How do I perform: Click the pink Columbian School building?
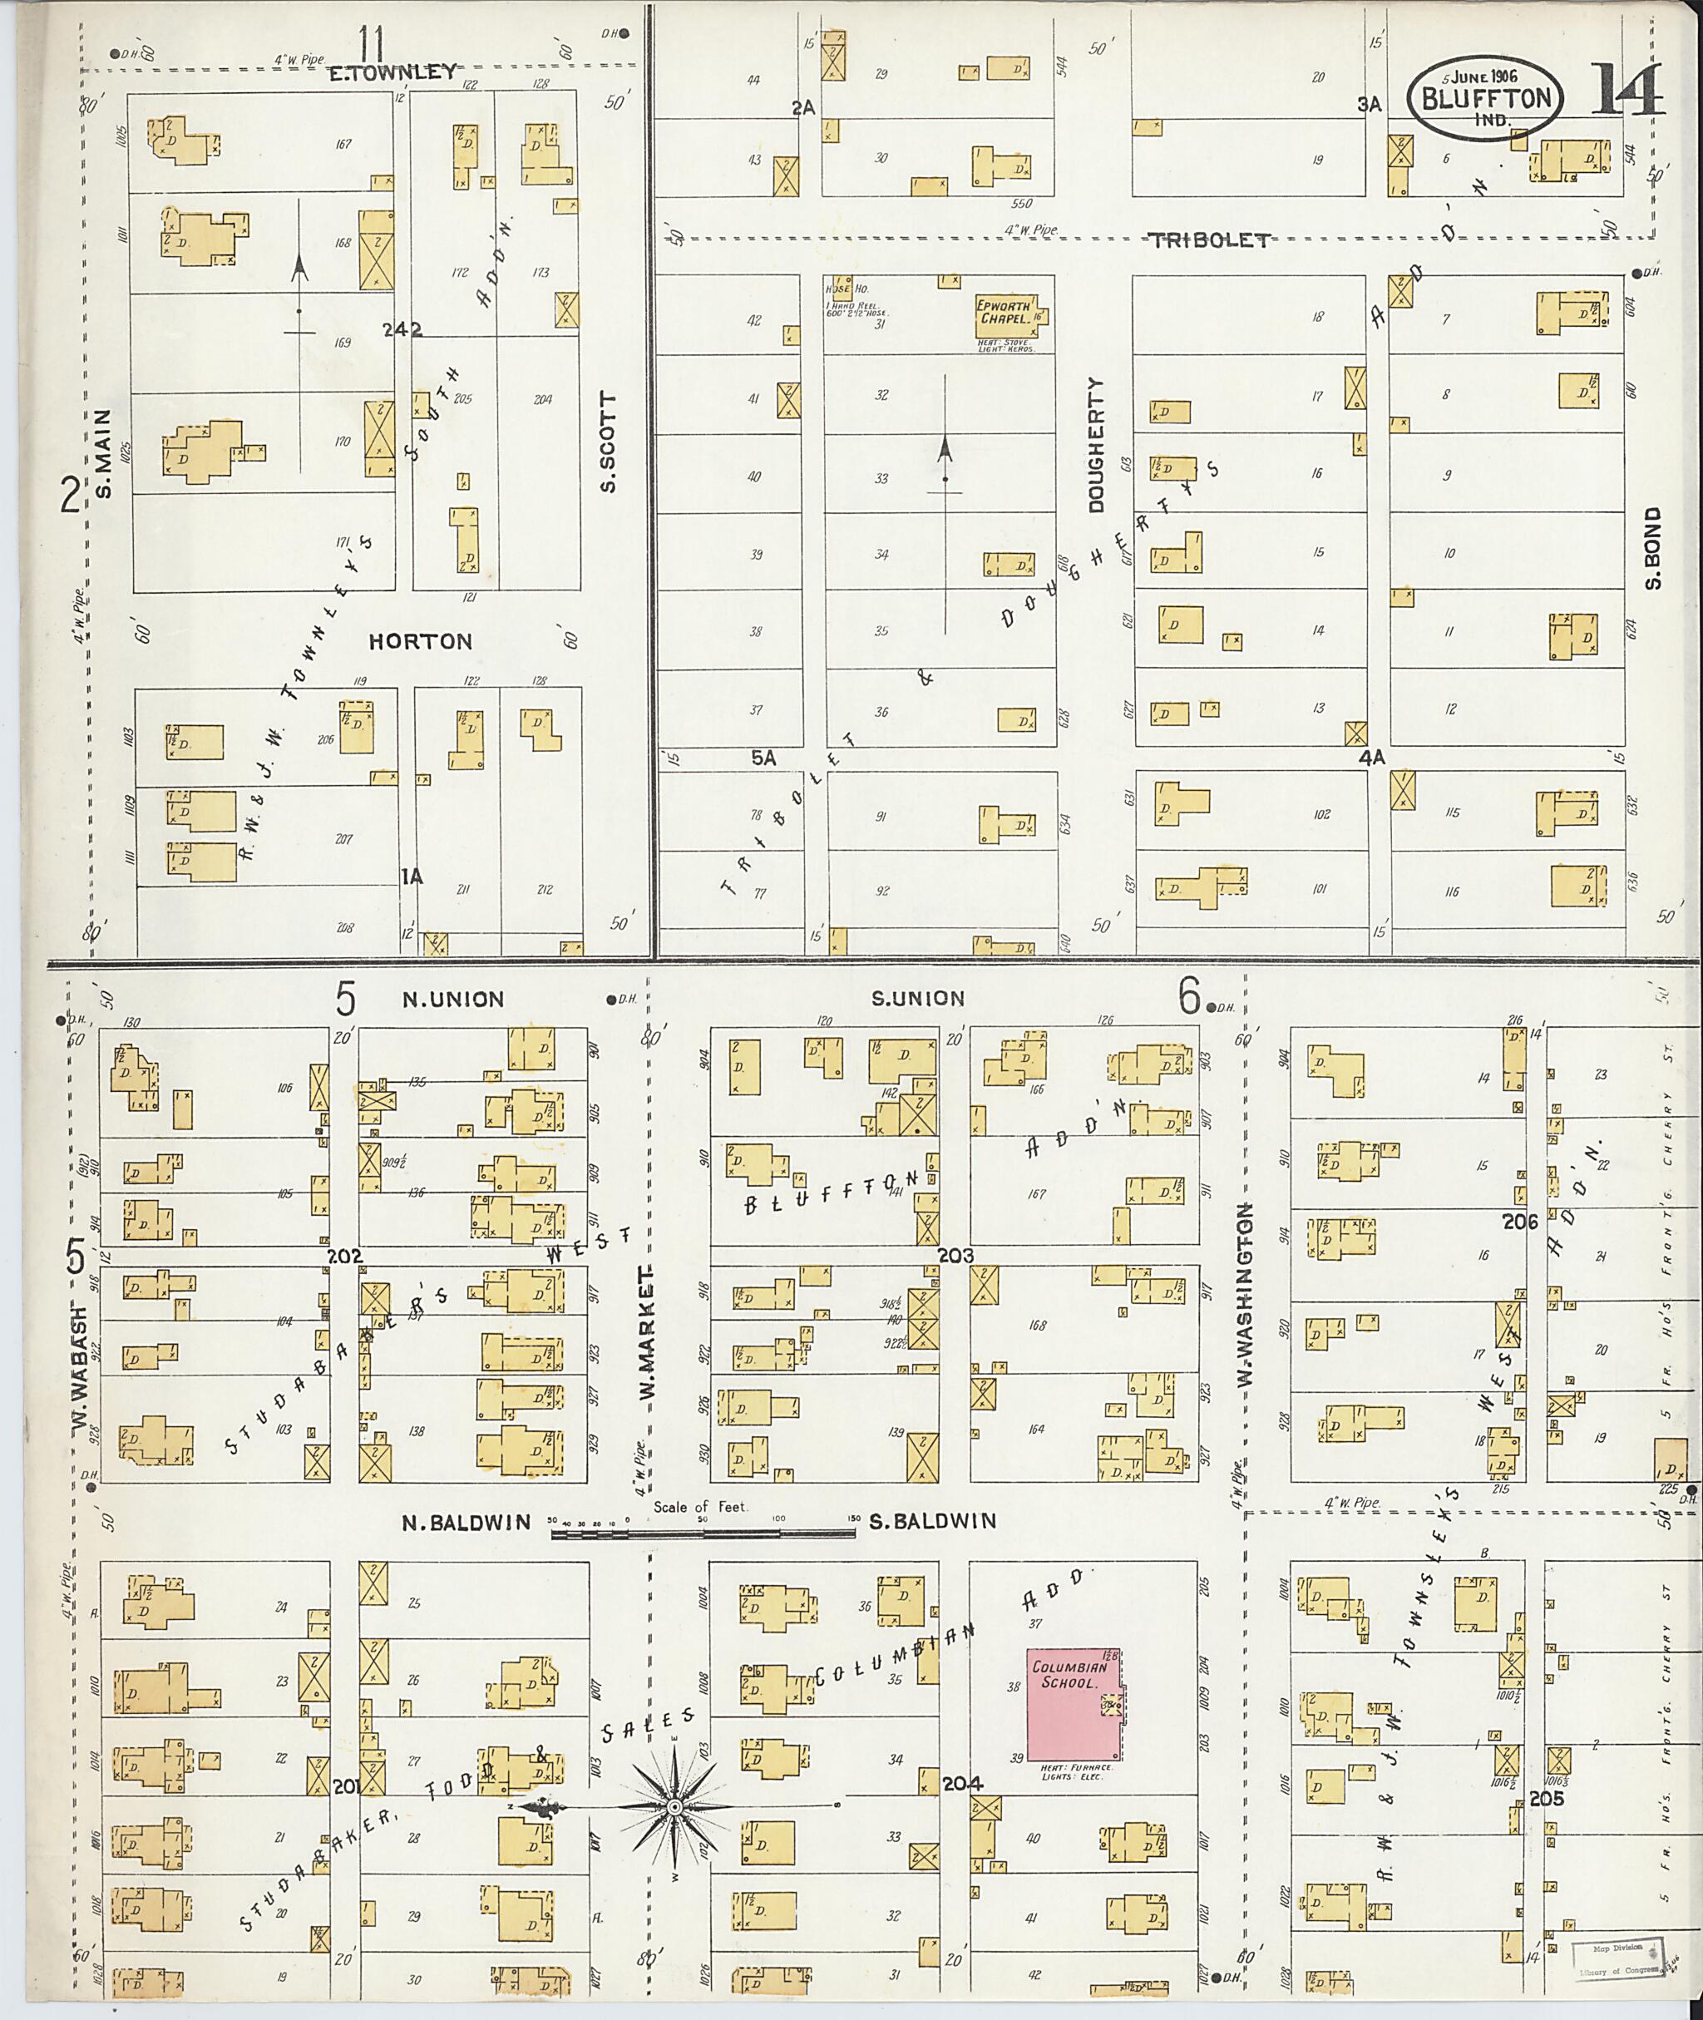[1072, 1703]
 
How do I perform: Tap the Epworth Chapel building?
[1009, 313]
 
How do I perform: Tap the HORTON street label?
[421, 641]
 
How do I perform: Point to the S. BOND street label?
[1654, 547]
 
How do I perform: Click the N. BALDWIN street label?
[466, 1522]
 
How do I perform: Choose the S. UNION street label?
[917, 999]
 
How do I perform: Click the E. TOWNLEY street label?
[392, 72]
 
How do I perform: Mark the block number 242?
[402, 328]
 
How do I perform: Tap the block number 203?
[955, 1257]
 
